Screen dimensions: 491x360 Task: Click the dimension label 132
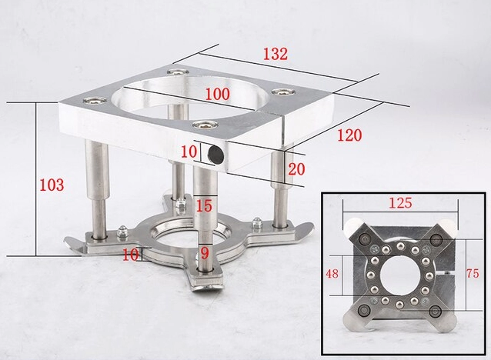275,54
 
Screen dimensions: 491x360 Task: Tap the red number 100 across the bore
217,94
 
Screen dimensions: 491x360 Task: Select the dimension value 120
349,135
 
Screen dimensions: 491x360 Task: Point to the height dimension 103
52,185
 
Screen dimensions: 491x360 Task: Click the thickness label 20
296,169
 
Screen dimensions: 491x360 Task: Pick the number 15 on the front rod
204,206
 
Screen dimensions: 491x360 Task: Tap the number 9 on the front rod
205,253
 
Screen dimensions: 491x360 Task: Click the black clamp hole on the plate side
215,153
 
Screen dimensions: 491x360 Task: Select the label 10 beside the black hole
189,152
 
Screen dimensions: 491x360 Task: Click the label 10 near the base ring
130,255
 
